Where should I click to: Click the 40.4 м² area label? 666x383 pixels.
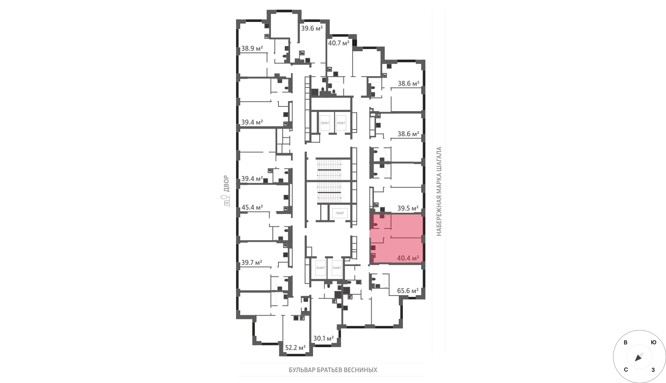click(x=408, y=258)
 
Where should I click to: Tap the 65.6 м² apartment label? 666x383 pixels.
click(x=408, y=291)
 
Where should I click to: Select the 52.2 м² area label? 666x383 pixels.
click(x=295, y=348)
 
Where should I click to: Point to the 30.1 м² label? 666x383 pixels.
click(x=323, y=338)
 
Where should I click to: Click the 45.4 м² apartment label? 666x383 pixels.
click(x=252, y=207)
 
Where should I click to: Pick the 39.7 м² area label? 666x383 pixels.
click(x=251, y=263)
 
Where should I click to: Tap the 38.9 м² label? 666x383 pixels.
click(x=252, y=48)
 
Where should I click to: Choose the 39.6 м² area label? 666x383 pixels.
click(x=312, y=28)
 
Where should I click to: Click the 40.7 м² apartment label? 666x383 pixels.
click(x=339, y=43)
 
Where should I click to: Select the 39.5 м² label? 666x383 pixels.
click(x=408, y=208)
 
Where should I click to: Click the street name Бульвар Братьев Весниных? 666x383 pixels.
click(x=333, y=370)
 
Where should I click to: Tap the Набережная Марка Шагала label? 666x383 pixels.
click(x=439, y=191)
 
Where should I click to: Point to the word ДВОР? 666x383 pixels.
click(x=226, y=184)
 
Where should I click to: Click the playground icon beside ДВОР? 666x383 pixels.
click(x=226, y=201)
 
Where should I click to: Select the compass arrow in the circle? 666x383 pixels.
click(x=639, y=357)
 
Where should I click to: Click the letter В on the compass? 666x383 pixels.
click(x=626, y=343)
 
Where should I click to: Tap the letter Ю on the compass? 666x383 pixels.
click(x=654, y=343)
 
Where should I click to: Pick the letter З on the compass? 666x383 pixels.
click(x=653, y=370)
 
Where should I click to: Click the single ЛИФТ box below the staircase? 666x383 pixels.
click(x=340, y=213)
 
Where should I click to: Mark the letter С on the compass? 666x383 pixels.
click(x=626, y=370)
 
